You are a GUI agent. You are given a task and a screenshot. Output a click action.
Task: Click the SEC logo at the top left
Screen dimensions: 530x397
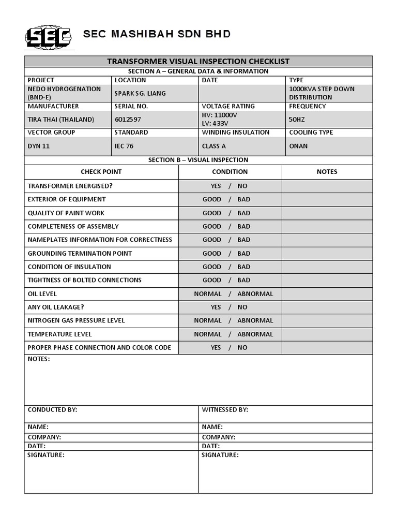pos(49,36)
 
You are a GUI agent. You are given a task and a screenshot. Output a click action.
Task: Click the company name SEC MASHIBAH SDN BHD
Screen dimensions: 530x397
pos(157,35)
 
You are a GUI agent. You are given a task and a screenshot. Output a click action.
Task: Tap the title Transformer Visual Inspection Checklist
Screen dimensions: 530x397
pos(198,61)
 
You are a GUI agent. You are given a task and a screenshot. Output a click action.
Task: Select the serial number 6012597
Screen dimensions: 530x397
pos(128,120)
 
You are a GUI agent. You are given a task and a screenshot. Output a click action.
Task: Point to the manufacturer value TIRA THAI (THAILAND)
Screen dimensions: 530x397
pos(60,120)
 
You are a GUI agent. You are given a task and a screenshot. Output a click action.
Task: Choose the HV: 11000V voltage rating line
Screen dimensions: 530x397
pos(220,115)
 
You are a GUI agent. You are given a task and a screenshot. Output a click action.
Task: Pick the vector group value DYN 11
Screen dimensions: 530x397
pos(39,146)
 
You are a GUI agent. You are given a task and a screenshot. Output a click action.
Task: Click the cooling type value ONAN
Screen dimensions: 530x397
pos(298,146)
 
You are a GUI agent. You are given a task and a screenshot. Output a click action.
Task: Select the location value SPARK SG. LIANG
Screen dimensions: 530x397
pos(141,93)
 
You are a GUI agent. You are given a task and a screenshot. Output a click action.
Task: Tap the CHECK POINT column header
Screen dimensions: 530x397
pos(101,172)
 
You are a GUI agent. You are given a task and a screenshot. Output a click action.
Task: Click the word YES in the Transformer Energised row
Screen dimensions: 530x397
pos(216,186)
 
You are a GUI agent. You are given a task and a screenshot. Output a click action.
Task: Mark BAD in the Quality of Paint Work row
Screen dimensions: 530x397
pos(243,213)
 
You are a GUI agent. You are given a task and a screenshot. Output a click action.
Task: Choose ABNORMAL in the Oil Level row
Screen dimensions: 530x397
pos(255,293)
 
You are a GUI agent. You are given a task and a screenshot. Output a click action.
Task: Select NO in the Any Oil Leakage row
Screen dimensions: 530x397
pos(242,307)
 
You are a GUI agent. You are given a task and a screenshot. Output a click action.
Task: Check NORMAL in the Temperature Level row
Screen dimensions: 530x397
pos(208,334)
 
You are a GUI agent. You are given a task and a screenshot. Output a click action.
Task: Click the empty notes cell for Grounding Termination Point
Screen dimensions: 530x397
pos(327,253)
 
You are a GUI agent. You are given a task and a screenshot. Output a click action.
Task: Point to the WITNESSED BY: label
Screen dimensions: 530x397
pos(225,409)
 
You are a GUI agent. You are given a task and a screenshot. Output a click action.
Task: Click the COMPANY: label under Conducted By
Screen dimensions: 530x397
pos(44,437)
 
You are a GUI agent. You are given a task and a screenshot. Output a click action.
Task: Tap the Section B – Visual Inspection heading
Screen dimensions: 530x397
pos(198,160)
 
